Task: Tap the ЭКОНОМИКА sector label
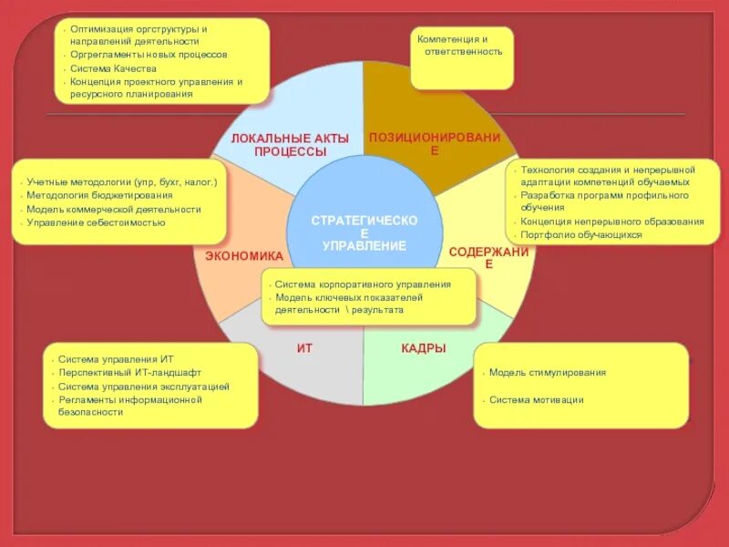click(244, 256)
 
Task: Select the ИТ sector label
click(304, 347)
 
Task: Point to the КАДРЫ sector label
click(424, 347)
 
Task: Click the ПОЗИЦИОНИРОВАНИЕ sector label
click(434, 143)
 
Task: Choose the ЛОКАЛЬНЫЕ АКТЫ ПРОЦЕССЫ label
click(290, 144)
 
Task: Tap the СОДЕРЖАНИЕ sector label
click(488, 257)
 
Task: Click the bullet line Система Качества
click(114, 68)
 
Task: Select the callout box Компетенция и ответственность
click(461, 57)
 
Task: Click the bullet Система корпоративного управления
click(363, 284)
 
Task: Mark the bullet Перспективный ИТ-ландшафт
click(128, 373)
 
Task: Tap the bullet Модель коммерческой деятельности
click(114, 209)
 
